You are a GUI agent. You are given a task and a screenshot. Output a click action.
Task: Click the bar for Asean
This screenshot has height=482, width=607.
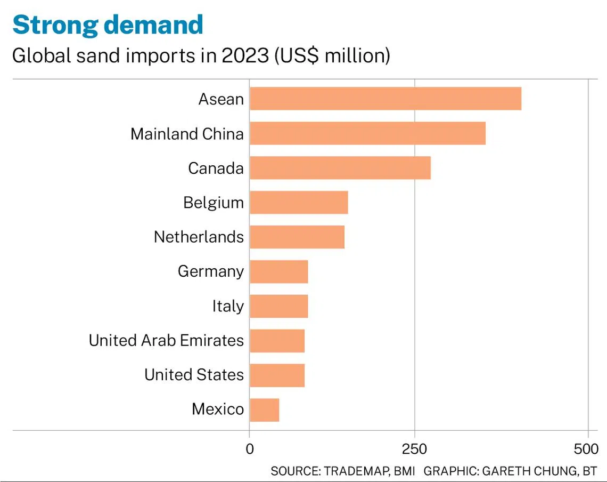point(385,99)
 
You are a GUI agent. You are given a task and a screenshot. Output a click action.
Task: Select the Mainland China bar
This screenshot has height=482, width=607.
point(367,133)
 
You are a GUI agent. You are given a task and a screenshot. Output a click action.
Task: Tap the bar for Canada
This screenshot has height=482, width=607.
point(340,168)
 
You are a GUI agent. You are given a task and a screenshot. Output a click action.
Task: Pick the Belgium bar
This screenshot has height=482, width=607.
point(299,203)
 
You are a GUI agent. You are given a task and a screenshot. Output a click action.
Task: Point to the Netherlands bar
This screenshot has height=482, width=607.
point(297,237)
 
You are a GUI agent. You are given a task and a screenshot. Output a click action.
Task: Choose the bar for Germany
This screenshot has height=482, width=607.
point(278,271)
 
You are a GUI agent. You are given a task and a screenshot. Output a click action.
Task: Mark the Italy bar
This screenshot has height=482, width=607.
point(278,306)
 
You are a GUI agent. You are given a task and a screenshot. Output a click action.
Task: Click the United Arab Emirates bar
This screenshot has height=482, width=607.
point(277,341)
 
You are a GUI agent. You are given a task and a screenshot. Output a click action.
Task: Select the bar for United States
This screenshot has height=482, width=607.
point(277,375)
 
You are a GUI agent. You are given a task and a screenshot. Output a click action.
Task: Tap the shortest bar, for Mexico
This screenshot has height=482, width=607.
point(264,409)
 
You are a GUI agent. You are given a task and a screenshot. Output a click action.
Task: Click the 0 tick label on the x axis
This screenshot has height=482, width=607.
point(250,449)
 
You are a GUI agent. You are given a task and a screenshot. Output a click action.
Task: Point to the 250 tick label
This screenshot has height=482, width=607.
point(414,449)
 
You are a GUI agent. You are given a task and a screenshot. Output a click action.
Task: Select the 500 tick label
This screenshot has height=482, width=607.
point(586,449)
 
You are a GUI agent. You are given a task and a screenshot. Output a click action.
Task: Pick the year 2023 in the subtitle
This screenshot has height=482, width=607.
point(245,55)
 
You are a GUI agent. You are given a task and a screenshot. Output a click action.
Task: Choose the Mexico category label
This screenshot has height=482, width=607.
point(218,409)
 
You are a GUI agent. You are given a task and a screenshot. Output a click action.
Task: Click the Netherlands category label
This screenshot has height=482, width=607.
point(199,237)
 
